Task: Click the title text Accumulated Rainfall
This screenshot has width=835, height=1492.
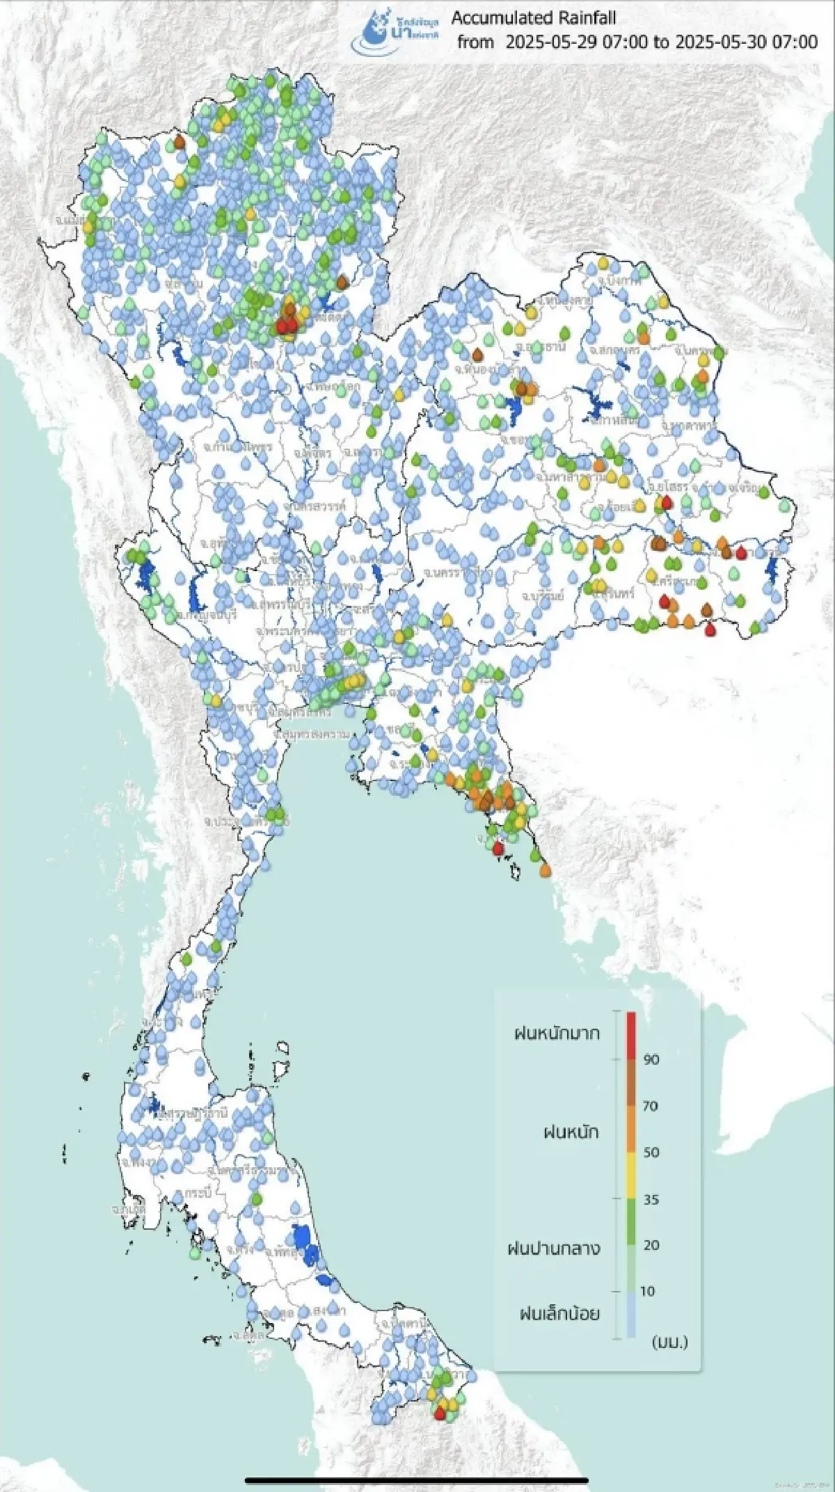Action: click(x=534, y=18)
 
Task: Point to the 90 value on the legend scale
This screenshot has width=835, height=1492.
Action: click(x=651, y=1059)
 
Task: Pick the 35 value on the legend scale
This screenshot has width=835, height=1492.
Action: click(x=651, y=1199)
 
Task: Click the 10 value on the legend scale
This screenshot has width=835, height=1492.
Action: click(x=647, y=1291)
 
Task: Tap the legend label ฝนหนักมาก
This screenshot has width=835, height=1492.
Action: click(x=557, y=1033)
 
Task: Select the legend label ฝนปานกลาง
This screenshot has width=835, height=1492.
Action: click(x=554, y=1248)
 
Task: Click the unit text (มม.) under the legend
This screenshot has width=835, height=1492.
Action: click(x=669, y=1342)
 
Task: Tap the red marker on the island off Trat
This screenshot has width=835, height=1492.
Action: click(x=498, y=847)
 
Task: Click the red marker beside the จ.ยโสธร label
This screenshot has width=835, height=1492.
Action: click(x=667, y=502)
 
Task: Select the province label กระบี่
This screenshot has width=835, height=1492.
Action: click(x=197, y=1192)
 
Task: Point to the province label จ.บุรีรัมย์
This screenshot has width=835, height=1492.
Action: click(x=542, y=596)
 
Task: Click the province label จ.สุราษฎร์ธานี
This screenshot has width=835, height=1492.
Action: click(x=195, y=1114)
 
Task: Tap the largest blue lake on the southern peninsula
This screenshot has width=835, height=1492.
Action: click(x=304, y=1239)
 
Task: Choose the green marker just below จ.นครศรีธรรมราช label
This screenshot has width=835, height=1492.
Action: click(x=256, y=1198)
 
